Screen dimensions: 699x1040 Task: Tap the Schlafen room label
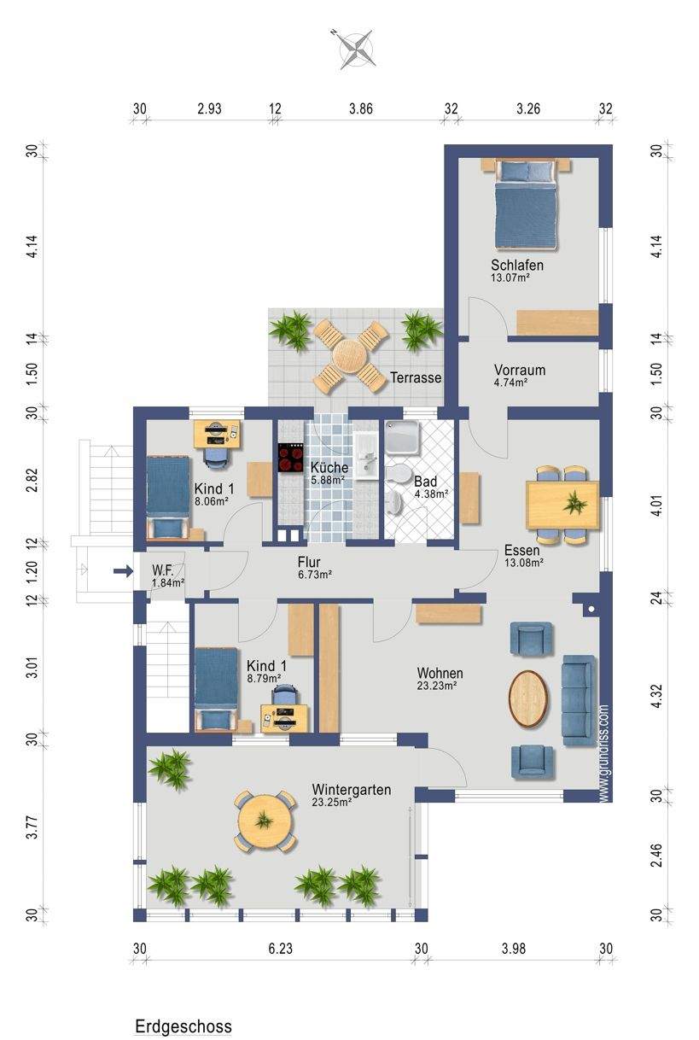[x=517, y=265]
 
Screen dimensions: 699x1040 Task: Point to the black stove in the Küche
[x=290, y=458]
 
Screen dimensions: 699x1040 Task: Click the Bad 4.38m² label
[x=431, y=487]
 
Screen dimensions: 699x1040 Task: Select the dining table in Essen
[x=562, y=505]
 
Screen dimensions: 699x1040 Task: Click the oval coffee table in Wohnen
[x=528, y=698]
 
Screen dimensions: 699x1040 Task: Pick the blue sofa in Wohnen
[x=579, y=701]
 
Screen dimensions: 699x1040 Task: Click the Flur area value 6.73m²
[x=315, y=575]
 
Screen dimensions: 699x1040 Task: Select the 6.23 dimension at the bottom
[x=280, y=949]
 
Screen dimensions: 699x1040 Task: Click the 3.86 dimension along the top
[x=361, y=108]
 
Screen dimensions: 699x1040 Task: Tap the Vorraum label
[x=520, y=370]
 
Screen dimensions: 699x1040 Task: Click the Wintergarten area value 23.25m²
[x=331, y=802]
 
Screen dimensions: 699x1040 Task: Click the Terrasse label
[x=416, y=377]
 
